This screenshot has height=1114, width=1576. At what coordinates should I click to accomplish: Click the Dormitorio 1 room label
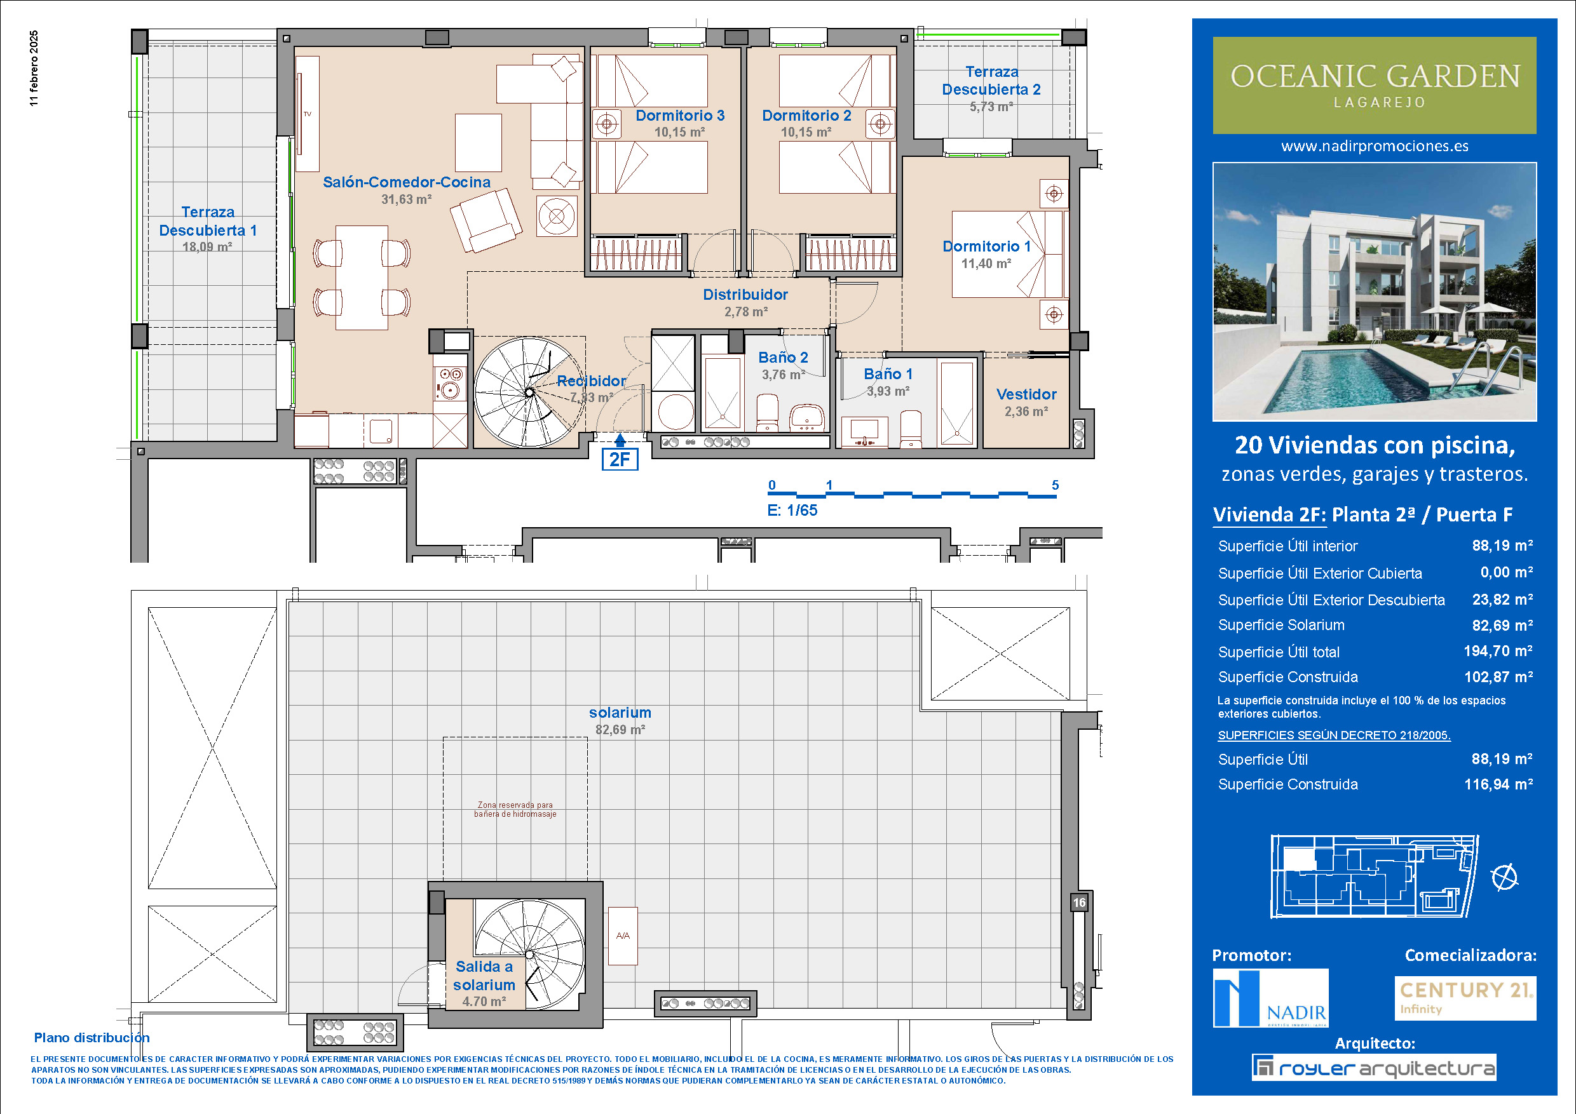(986, 246)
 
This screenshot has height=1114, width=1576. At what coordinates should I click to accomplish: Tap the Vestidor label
(1026, 394)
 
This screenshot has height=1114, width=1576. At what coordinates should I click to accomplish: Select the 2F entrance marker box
(620, 459)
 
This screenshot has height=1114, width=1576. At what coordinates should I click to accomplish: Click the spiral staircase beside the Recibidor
(529, 393)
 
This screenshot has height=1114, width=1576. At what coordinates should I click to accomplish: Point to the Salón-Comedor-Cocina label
(406, 182)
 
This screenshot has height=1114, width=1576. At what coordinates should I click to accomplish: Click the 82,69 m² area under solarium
(620, 730)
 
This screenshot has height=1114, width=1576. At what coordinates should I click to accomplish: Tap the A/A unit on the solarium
(623, 936)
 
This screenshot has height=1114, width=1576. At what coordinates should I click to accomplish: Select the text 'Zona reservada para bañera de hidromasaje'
(515, 809)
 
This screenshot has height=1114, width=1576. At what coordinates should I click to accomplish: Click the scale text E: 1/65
(792, 511)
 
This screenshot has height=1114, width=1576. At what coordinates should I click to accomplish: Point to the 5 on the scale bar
(1055, 485)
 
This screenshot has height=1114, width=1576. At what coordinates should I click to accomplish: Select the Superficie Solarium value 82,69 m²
(1502, 626)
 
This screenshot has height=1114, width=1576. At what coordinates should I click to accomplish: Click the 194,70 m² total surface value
(1498, 651)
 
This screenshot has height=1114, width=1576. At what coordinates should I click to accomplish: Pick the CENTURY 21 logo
(1465, 998)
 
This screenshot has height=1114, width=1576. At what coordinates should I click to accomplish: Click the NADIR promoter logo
(1270, 998)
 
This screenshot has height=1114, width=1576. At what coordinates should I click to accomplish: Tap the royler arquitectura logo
(1373, 1068)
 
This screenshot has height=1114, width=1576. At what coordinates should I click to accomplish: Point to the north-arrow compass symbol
(1505, 877)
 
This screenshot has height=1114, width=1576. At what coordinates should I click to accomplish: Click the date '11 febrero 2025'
(34, 68)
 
